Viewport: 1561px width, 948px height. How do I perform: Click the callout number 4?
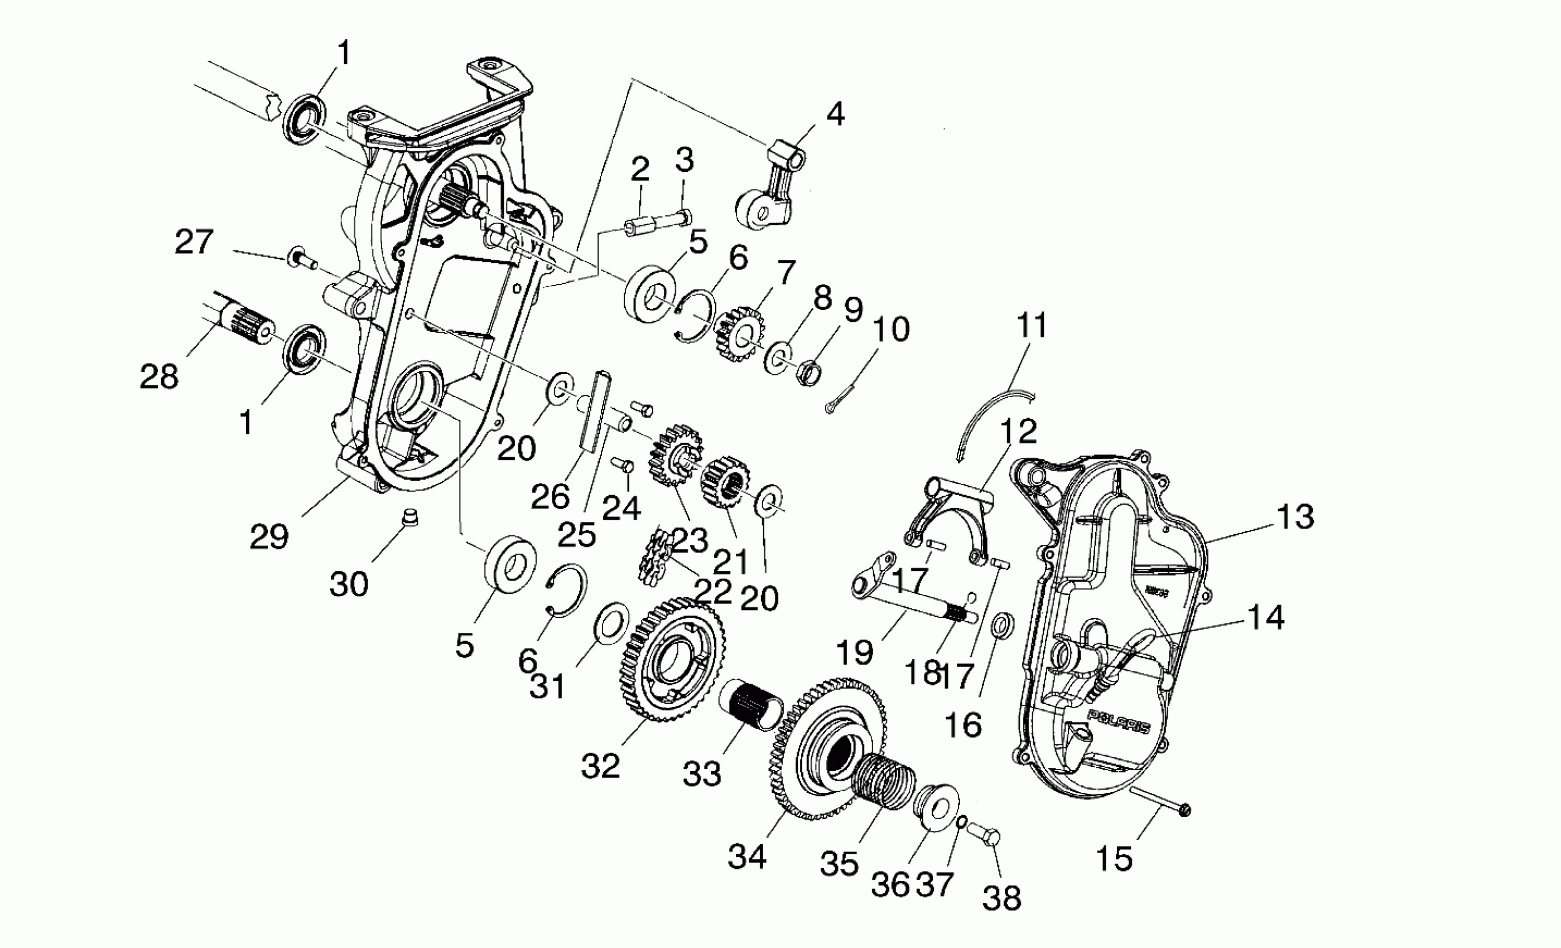pyautogui.click(x=835, y=114)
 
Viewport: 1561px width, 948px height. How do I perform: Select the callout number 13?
pyautogui.click(x=1295, y=517)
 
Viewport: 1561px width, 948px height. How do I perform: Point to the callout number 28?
pyautogui.click(x=159, y=377)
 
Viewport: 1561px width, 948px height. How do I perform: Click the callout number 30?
pyautogui.click(x=349, y=584)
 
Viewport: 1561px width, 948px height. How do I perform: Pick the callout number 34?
pyautogui.click(x=747, y=856)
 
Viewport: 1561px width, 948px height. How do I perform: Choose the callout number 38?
pyautogui.click(x=1001, y=897)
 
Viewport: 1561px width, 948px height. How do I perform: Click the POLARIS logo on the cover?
pyautogui.click(x=1118, y=723)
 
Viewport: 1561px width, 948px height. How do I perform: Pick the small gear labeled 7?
pyautogui.click(x=739, y=332)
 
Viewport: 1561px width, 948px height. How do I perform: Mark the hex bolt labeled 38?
pyautogui.click(x=984, y=835)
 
